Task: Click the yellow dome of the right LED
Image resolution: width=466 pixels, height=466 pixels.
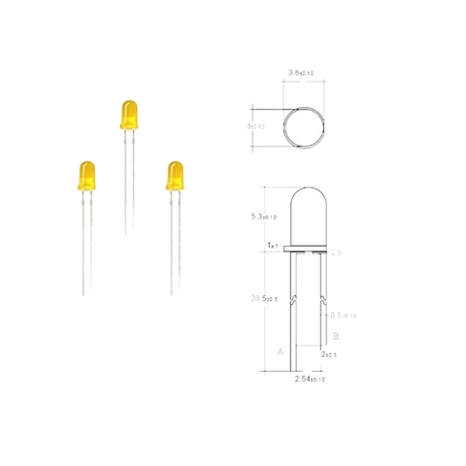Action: pos(175,175)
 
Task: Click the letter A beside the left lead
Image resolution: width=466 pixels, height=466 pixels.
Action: pos(281,353)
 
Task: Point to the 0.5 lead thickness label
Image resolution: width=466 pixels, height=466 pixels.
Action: pos(342,315)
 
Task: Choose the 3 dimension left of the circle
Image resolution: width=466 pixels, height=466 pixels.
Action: pos(254,126)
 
